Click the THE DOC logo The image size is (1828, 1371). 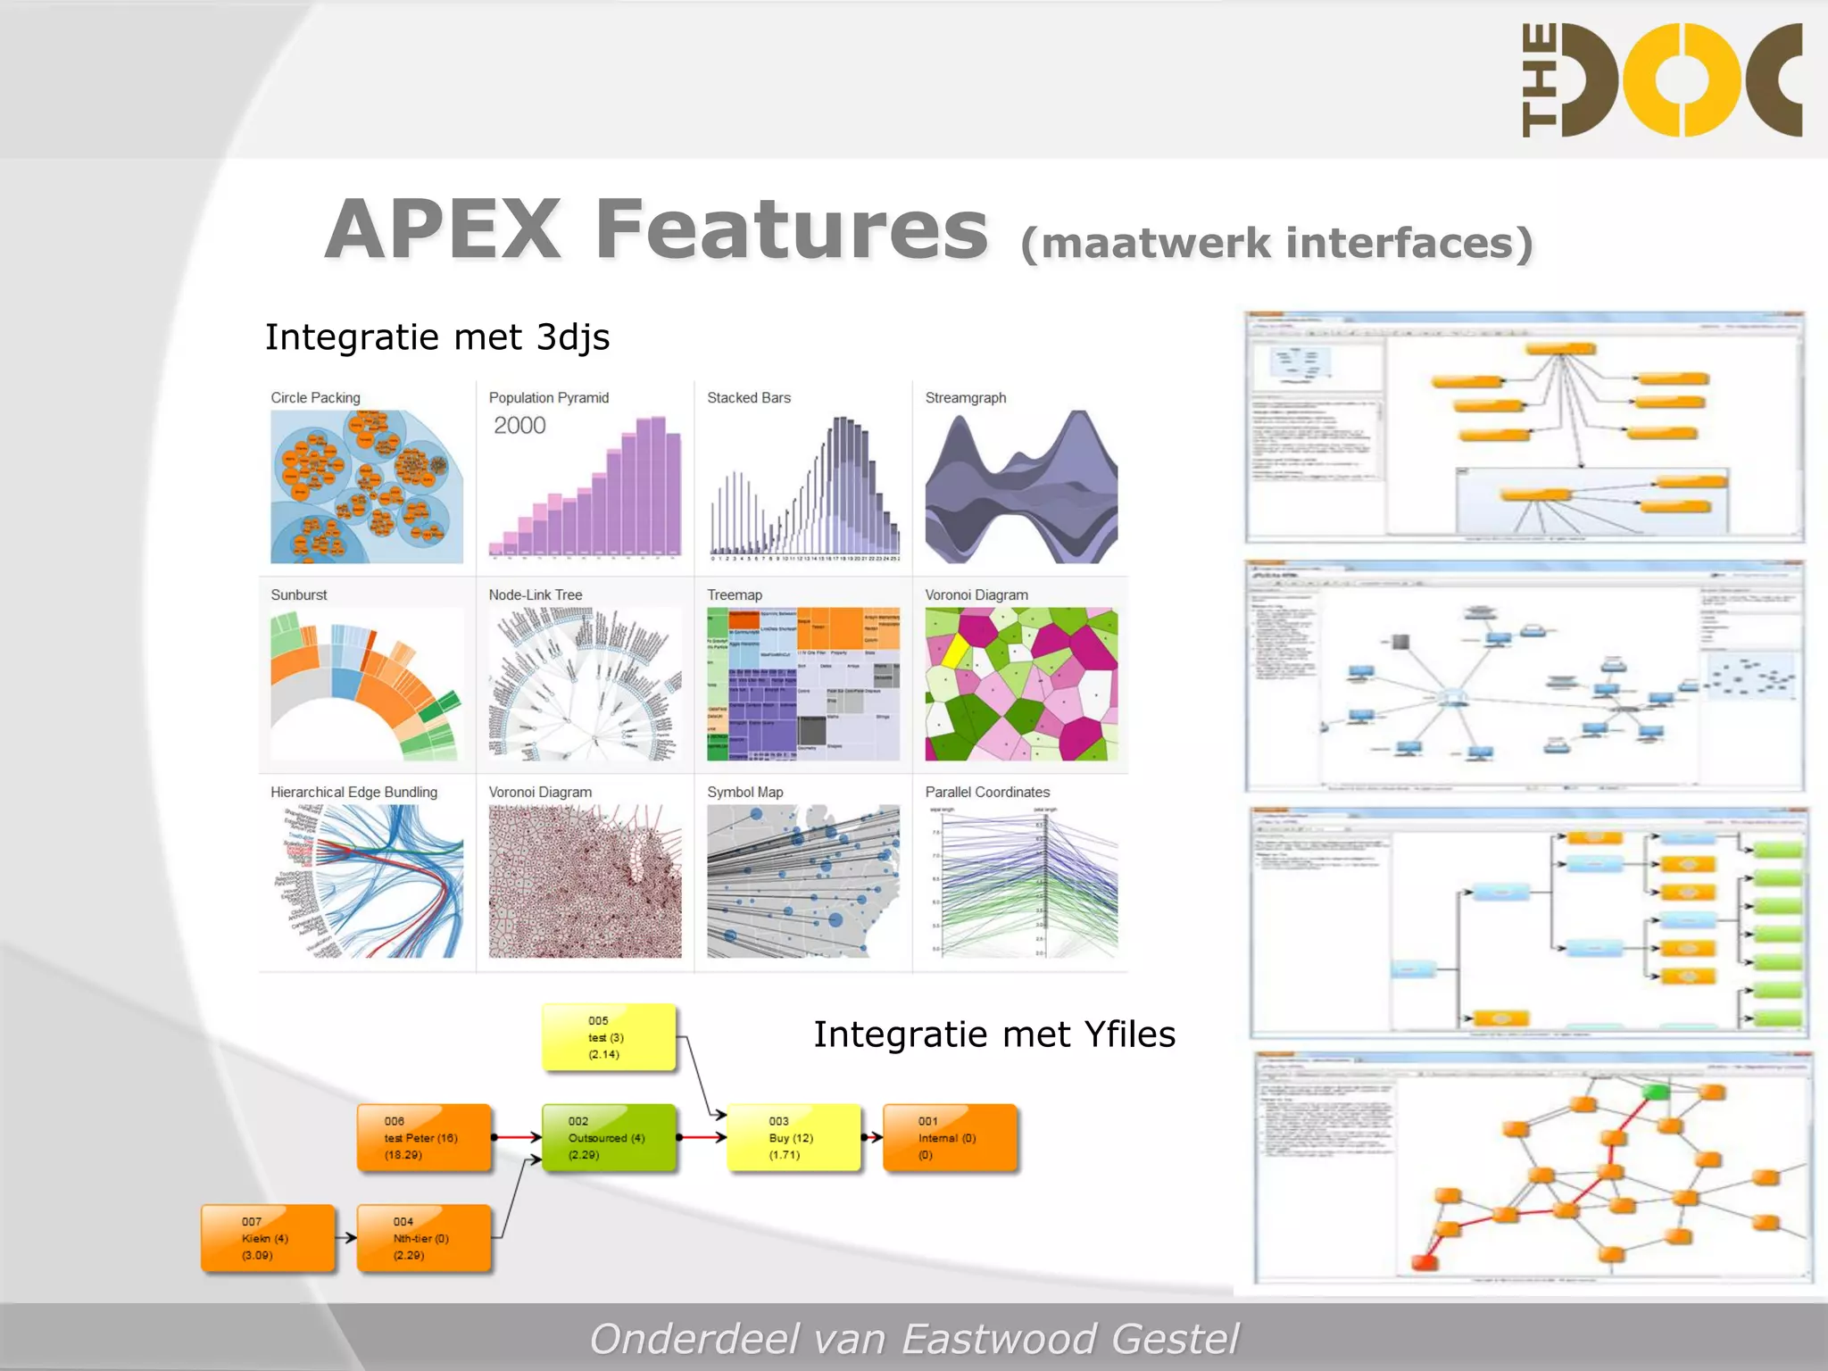1662,80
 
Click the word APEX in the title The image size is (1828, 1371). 444,230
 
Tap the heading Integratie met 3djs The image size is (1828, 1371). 437,337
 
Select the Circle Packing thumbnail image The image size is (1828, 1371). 367,486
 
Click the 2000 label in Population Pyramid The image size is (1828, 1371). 519,426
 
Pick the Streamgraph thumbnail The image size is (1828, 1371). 1021,486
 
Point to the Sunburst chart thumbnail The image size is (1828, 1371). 367,684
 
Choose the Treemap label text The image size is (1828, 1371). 735,594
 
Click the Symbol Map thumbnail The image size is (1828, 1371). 803,881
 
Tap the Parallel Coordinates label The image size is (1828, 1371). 987,792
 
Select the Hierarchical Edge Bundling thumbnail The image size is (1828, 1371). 367,881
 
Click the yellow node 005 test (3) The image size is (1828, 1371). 609,1037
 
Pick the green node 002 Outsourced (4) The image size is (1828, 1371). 609,1138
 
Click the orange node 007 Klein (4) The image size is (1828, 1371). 268,1238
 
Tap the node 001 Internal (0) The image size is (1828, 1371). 950,1138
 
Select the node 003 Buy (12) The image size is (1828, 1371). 794,1138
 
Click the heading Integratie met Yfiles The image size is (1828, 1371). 994,1034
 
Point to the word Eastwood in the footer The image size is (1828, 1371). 999,1339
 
